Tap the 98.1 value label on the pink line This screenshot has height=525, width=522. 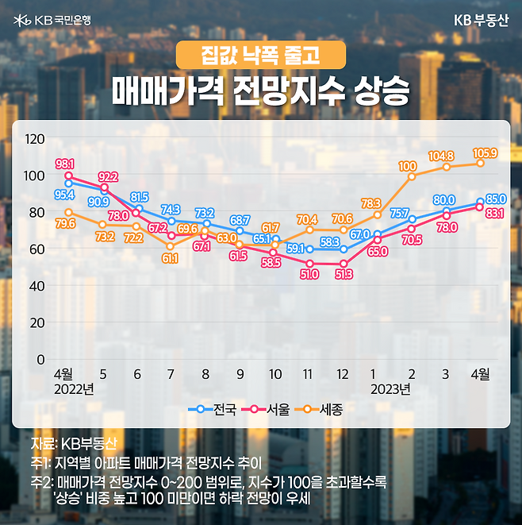(65, 164)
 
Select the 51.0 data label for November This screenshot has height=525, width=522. (309, 275)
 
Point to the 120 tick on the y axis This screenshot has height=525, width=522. (35, 139)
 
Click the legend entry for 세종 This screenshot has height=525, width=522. (324, 410)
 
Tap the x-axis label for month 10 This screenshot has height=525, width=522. (274, 374)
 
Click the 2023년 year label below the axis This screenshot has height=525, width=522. (391, 389)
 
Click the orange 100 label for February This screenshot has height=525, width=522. (408, 166)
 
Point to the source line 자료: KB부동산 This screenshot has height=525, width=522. (73, 443)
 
